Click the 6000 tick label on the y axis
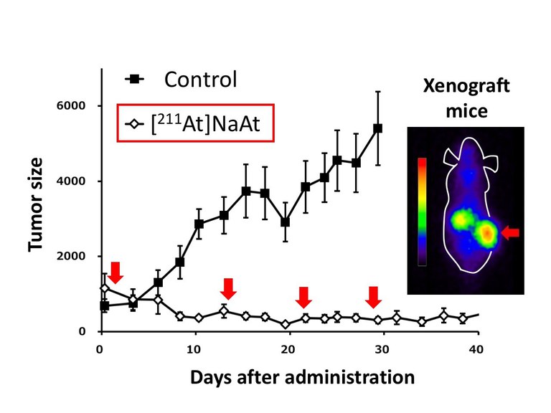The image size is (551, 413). click(x=74, y=106)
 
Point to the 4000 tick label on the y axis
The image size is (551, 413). click(x=74, y=181)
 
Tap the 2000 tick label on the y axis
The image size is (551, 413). click(x=74, y=257)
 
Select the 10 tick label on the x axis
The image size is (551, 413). click(x=194, y=349)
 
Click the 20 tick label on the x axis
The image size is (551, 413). click(x=288, y=349)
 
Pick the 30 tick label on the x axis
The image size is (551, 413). click(x=382, y=349)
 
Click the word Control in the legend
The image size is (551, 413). click(x=200, y=80)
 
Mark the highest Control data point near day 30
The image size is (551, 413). click(x=378, y=128)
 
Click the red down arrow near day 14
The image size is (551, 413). click(x=228, y=289)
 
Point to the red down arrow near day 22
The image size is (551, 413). click(x=303, y=295)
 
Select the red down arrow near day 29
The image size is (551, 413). click(x=372, y=296)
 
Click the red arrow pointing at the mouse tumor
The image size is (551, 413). click(x=511, y=232)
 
